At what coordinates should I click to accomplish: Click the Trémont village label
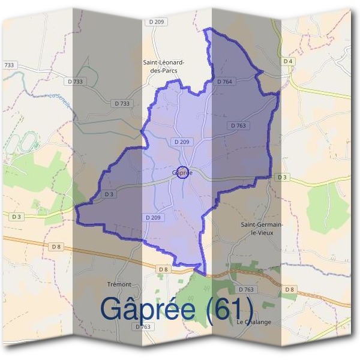(118, 284)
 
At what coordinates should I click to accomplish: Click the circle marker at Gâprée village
(184, 172)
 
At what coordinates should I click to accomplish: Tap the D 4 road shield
(288, 62)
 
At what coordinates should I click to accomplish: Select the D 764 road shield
(224, 82)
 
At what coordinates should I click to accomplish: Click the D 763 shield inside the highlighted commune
(238, 125)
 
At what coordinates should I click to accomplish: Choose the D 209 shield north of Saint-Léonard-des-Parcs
(154, 22)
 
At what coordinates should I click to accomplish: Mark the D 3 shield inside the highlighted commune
(109, 194)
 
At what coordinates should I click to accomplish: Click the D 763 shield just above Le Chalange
(246, 289)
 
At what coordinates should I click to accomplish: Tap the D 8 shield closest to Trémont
(163, 270)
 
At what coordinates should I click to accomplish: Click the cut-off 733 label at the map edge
(9, 65)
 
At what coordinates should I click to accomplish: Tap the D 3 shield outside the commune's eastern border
(281, 178)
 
